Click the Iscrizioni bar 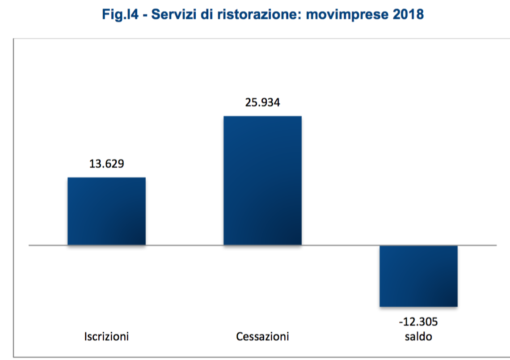tap(106, 211)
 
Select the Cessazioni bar tap(262, 180)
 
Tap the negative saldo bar tap(418, 276)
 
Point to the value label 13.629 tap(106, 164)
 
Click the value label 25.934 tap(262, 102)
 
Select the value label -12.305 tap(418, 322)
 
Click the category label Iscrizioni tap(106, 336)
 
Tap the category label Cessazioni tap(262, 336)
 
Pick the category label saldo tap(418, 336)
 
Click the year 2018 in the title tap(408, 14)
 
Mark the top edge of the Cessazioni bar tap(262, 117)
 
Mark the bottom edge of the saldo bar tap(418, 306)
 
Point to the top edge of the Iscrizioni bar tap(106, 178)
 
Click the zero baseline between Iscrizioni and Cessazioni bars tap(184, 245)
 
